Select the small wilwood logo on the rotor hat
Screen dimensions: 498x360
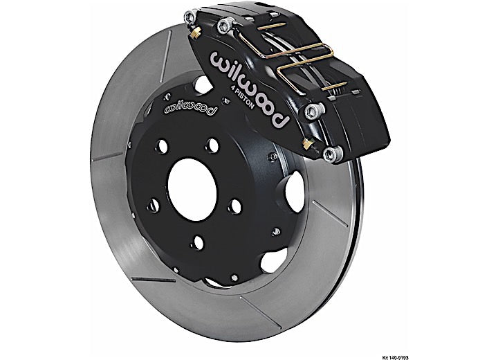[x=191, y=108]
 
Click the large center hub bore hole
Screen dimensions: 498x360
[x=192, y=190]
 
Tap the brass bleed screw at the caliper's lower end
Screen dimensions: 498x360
[x=306, y=144]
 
